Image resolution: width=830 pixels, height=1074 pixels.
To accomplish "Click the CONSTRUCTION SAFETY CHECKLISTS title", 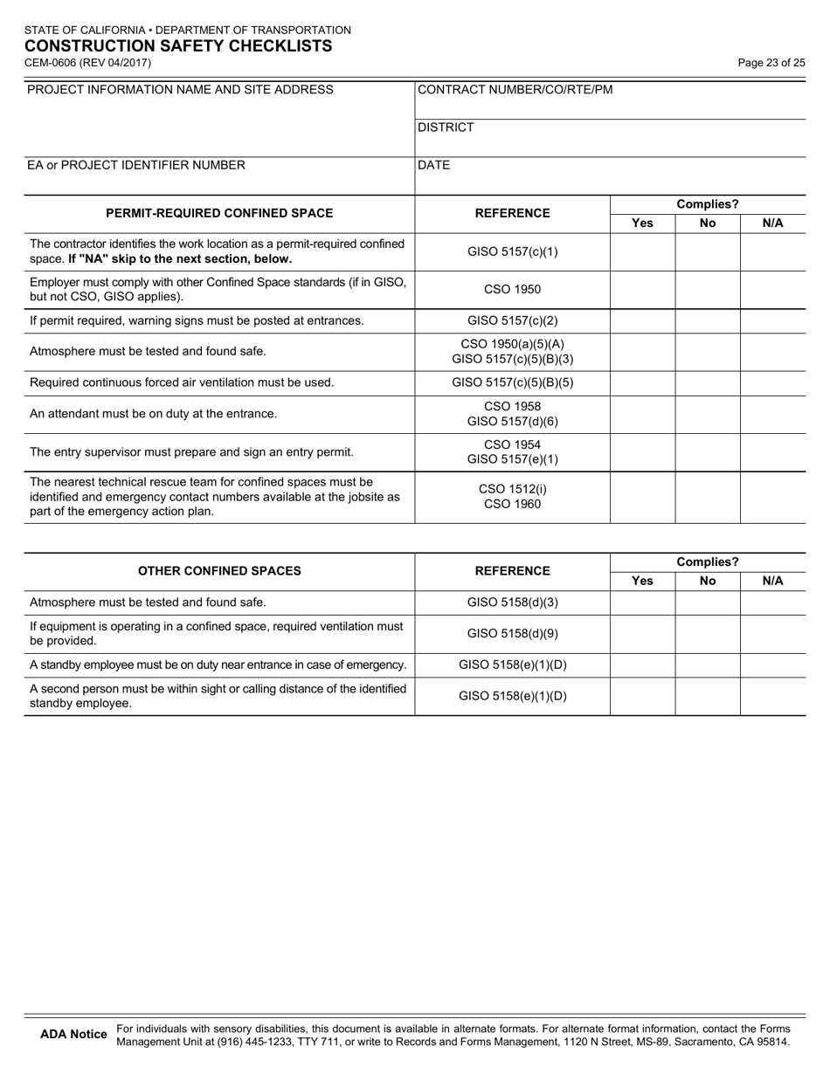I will pyautogui.click(x=177, y=46).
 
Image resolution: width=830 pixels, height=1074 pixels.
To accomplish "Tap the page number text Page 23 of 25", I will pyautogui.click(x=771, y=63).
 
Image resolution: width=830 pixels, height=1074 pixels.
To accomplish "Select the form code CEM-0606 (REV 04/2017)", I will pyautogui.click(x=87, y=63).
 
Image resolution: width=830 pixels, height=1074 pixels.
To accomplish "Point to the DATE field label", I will pyautogui.click(x=434, y=165).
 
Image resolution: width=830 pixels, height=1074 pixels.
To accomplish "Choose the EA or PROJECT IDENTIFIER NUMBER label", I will pyautogui.click(x=136, y=165).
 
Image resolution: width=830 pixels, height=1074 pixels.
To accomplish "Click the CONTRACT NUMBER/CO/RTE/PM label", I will pyautogui.click(x=515, y=90).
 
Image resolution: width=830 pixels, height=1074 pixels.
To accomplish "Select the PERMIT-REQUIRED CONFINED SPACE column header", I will pyautogui.click(x=219, y=213).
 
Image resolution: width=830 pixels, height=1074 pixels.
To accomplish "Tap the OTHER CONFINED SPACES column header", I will pyautogui.click(x=219, y=571).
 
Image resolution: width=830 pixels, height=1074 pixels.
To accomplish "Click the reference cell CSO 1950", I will pyautogui.click(x=512, y=289).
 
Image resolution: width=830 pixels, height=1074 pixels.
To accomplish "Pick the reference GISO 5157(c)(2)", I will pyautogui.click(x=512, y=320).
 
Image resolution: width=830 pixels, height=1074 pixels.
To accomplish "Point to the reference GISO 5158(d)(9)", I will pyautogui.click(x=512, y=633).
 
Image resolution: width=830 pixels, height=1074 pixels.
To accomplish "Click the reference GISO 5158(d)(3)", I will pyautogui.click(x=512, y=602).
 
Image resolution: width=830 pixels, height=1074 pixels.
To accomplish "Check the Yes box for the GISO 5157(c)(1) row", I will pyautogui.click(x=642, y=252).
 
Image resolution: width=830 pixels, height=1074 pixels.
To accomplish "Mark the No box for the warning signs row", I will pyautogui.click(x=708, y=320).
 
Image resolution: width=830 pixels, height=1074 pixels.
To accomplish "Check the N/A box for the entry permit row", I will pyautogui.click(x=773, y=452).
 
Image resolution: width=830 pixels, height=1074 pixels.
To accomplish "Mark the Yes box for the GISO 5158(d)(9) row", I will pyautogui.click(x=642, y=633).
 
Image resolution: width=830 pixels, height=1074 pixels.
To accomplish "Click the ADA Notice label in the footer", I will pyautogui.click(x=74, y=1035).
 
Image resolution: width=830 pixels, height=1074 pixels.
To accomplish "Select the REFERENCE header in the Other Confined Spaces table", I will pyautogui.click(x=512, y=571).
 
